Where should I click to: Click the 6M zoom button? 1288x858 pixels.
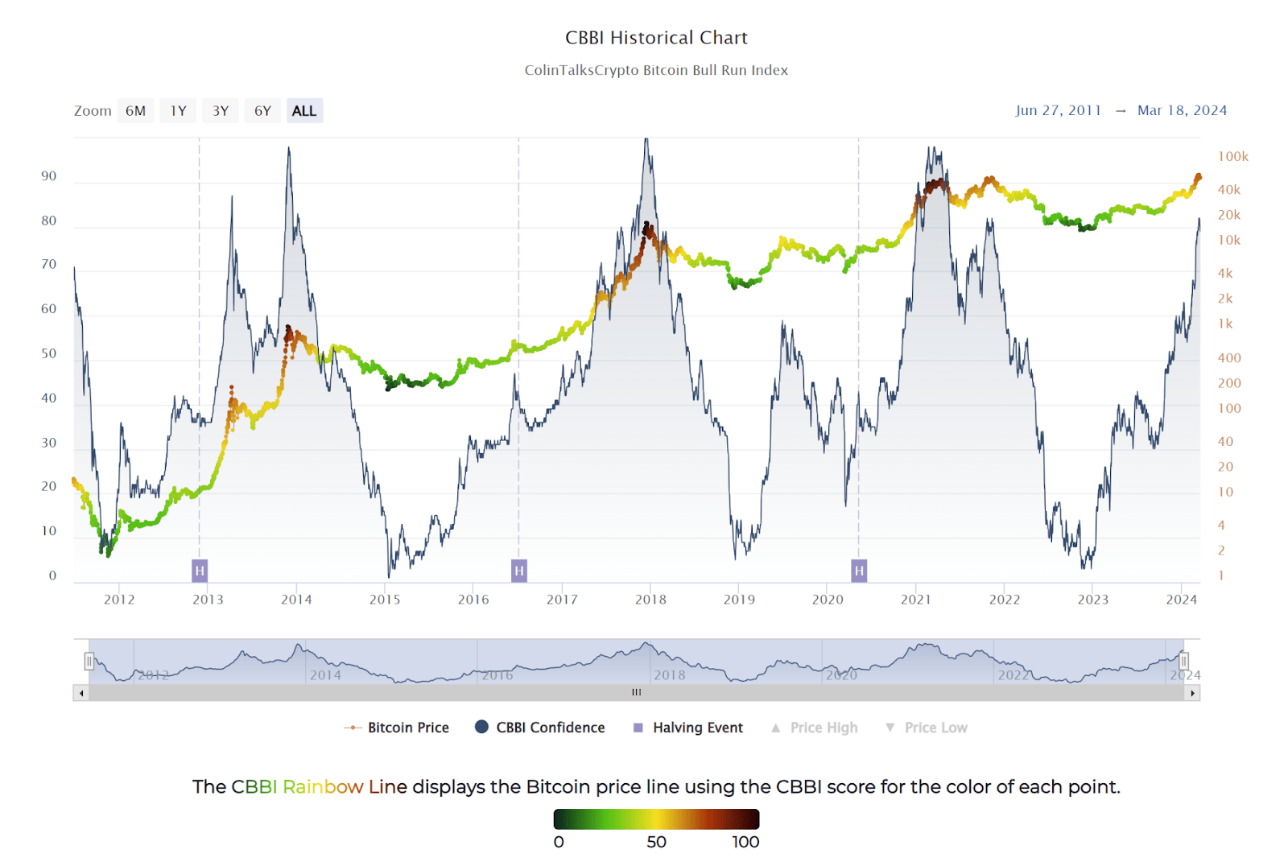click(135, 111)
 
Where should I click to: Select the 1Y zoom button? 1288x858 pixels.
click(178, 111)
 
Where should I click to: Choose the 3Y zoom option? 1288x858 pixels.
click(221, 111)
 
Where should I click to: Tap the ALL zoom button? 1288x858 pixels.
click(304, 111)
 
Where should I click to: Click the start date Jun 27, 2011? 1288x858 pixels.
click(1058, 110)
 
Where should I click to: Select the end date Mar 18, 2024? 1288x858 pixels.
click(1182, 110)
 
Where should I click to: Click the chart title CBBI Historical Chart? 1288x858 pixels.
click(656, 38)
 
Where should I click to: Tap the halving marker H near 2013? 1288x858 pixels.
click(200, 571)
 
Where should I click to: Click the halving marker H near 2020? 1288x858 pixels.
click(859, 571)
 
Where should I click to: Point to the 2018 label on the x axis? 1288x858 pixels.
click(650, 600)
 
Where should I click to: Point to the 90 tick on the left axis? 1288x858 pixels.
click(49, 176)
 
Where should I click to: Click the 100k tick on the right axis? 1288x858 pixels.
click(1232, 156)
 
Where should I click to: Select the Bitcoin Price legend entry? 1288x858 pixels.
click(408, 728)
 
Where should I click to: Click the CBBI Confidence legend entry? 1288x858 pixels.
click(550, 728)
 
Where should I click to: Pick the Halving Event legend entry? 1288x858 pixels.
click(697, 728)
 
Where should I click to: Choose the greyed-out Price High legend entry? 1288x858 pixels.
click(824, 728)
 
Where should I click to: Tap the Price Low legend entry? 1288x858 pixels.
click(935, 728)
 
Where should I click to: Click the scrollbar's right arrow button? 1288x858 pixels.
click(1192, 693)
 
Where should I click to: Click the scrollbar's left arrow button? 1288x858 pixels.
click(81, 693)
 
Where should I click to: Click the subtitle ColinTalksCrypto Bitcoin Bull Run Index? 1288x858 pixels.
click(656, 70)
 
